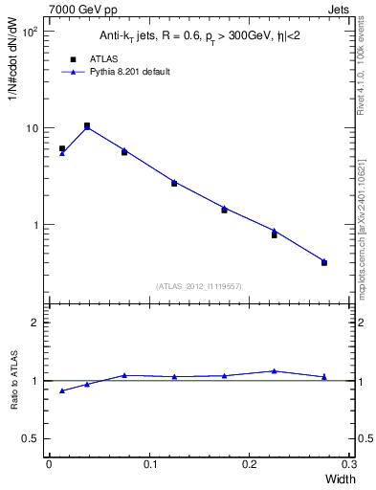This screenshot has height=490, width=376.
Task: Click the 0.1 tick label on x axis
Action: coord(148,463)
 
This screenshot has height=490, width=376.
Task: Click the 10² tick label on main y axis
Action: coord(31,32)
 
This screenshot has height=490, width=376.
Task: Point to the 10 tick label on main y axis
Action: coord(33,128)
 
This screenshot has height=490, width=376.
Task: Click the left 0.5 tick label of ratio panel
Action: coord(32,438)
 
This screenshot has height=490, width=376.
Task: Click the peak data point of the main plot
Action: coord(87,126)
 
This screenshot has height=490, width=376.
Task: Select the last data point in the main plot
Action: coord(324,261)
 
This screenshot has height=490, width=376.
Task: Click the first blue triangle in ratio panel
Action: coord(62,390)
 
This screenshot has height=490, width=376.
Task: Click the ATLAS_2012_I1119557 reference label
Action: coord(199,286)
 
